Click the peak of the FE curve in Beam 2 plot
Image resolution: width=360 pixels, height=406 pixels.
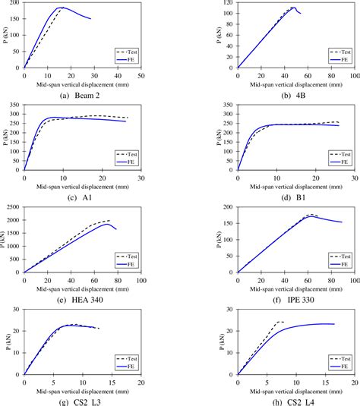[x=62, y=8]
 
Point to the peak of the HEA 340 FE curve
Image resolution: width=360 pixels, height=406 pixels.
[x=106, y=223]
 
